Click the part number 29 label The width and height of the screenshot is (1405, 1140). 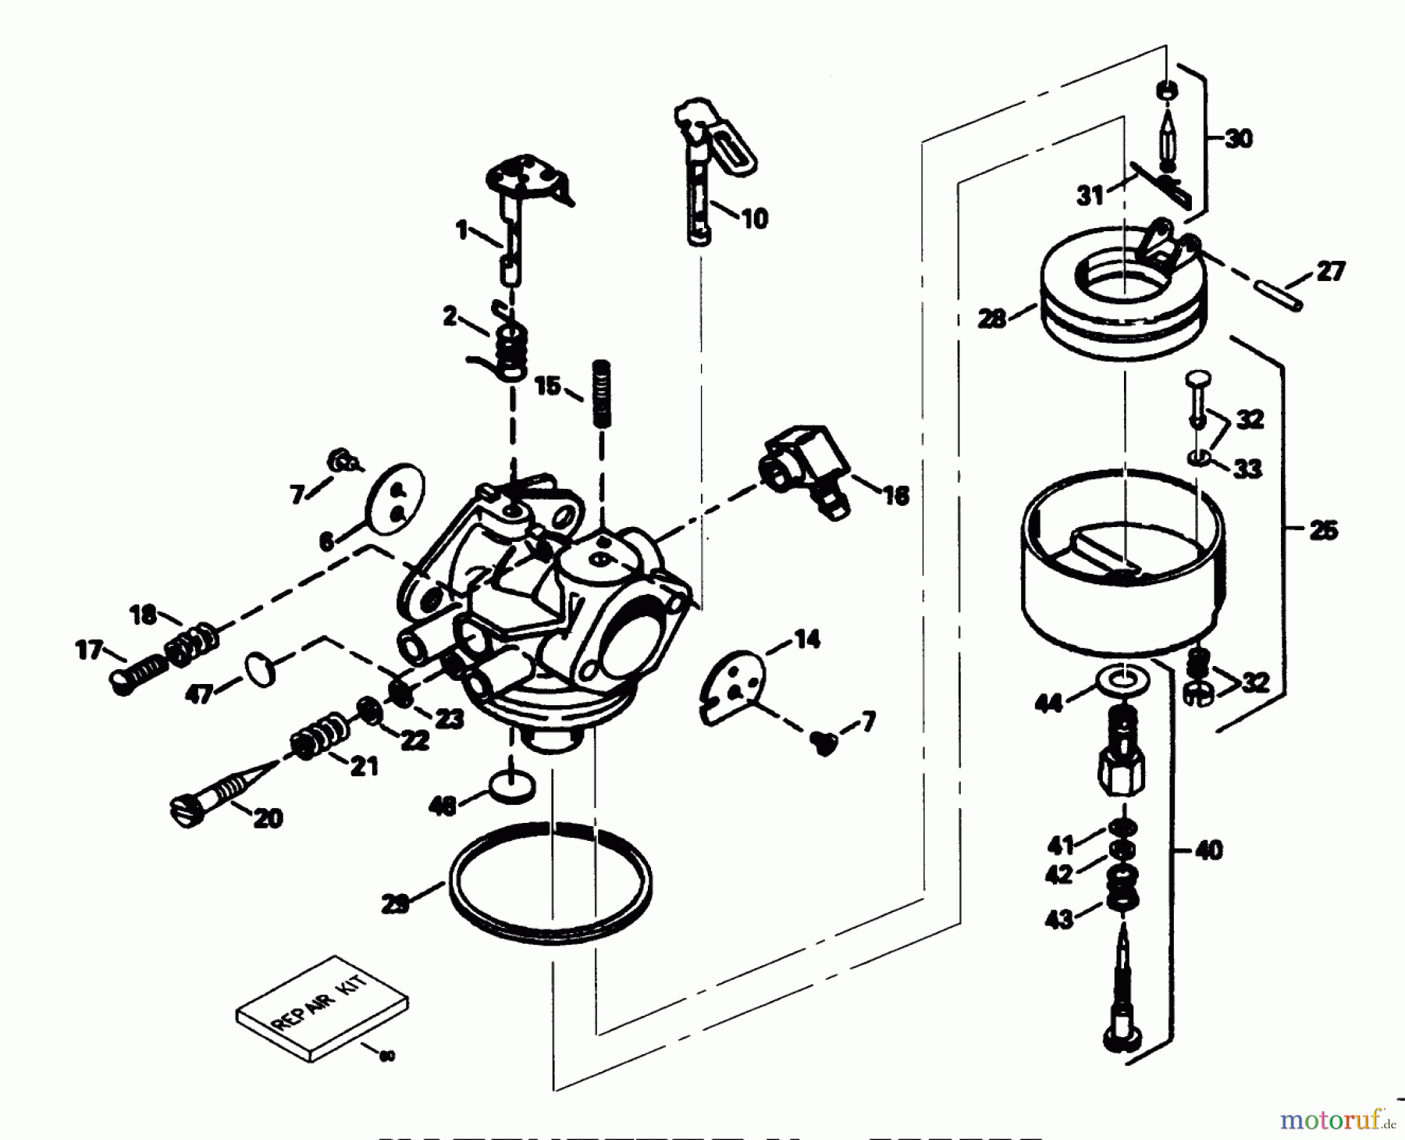pos(396,905)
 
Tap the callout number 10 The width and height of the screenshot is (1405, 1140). pos(753,219)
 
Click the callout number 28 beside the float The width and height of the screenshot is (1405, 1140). pos(992,319)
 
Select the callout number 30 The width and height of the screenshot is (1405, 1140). pos(1238,139)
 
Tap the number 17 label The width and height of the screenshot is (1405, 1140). pos(90,649)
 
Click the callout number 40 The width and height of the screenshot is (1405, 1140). pos(1208,850)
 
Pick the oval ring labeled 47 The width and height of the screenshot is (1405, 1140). pos(261,670)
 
